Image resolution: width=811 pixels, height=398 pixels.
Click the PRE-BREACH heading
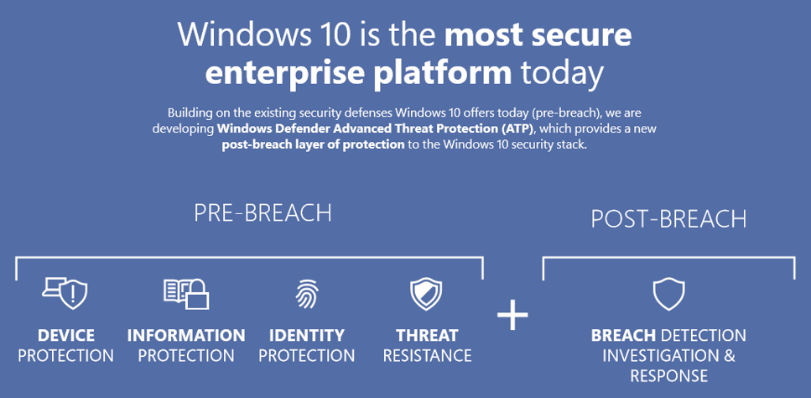(263, 213)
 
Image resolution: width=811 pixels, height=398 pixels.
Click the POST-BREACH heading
(668, 219)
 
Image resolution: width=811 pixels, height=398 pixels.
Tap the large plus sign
(512, 314)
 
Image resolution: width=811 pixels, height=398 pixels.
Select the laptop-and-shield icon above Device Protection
(65, 293)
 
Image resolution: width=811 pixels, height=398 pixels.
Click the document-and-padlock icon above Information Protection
(186, 293)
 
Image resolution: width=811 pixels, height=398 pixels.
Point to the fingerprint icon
(307, 294)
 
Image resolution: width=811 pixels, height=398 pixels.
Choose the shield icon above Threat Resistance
(426, 294)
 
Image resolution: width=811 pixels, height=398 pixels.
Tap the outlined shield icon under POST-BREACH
(668, 294)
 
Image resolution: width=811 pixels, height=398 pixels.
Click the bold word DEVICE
(66, 335)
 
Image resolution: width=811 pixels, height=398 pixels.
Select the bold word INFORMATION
(186, 335)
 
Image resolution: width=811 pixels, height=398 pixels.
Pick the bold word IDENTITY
(307, 335)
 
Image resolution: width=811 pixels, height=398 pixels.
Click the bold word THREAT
(427, 335)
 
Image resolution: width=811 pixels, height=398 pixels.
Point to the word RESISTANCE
(427, 355)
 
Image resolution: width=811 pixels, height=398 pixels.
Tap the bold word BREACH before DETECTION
(623, 335)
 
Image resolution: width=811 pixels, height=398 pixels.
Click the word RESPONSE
(668, 375)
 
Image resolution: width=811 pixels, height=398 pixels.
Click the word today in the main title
(562, 73)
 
